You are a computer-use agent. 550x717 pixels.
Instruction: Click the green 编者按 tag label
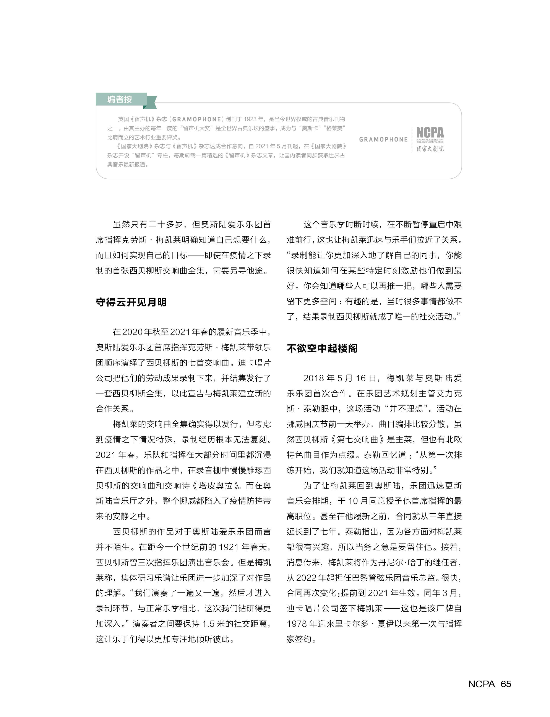point(120,99)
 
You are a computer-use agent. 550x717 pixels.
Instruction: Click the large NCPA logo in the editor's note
point(430,132)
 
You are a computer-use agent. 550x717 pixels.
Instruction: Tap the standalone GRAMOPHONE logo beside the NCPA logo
point(383,139)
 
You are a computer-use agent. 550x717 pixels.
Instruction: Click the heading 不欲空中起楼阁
point(322,348)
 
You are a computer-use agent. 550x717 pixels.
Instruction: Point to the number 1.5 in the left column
point(208,624)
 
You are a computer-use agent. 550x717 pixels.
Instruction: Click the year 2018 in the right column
point(314,378)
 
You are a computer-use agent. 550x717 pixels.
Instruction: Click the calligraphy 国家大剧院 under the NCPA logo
point(430,149)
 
